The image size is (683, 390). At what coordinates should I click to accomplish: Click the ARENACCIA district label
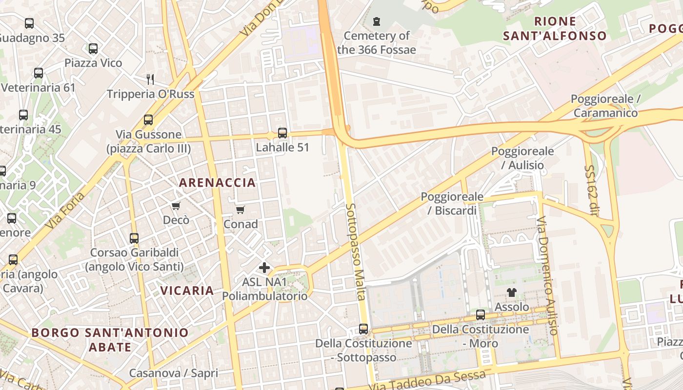(217, 183)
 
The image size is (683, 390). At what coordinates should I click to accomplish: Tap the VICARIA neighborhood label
(187, 291)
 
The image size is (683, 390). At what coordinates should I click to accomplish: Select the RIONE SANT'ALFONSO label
(555, 28)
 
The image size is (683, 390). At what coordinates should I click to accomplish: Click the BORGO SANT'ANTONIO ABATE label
(110, 340)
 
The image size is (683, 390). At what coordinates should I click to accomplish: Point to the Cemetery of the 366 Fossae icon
(376, 21)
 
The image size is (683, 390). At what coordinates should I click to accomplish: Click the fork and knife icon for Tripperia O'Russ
(150, 79)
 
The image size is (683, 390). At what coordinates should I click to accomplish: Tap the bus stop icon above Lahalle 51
(282, 133)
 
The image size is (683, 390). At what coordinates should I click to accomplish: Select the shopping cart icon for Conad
(240, 210)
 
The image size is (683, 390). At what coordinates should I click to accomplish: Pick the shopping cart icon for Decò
(176, 206)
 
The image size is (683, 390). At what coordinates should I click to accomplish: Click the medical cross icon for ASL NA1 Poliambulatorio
(264, 268)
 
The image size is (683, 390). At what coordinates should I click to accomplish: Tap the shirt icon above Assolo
(511, 292)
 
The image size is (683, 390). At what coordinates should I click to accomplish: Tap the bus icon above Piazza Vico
(93, 49)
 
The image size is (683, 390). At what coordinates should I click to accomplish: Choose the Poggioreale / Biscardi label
(452, 203)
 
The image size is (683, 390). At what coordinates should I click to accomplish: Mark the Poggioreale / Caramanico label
(605, 106)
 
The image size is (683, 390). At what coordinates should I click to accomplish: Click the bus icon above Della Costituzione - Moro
(481, 315)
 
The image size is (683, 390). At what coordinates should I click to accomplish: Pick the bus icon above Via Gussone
(148, 120)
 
